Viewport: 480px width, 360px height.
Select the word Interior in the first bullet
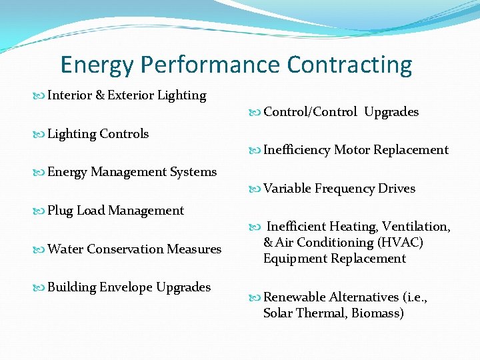pyautogui.click(x=70, y=95)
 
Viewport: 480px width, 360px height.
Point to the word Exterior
pyautogui.click(x=130, y=95)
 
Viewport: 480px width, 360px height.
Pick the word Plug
pyautogui.click(x=60, y=211)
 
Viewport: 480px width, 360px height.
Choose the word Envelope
pyautogui.click(x=126, y=287)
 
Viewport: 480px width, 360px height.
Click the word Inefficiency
pyautogui.click(x=297, y=150)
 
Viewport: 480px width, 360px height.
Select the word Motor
pyautogui.click(x=351, y=150)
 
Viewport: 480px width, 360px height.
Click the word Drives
pyautogui.click(x=397, y=189)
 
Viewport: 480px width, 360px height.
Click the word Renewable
pyautogui.click(x=294, y=297)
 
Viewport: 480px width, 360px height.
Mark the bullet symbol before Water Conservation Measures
pyautogui.click(x=40, y=250)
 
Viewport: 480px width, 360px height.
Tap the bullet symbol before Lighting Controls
pyautogui.click(x=40, y=135)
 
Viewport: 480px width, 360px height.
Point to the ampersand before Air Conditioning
pyautogui.click(x=268, y=243)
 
